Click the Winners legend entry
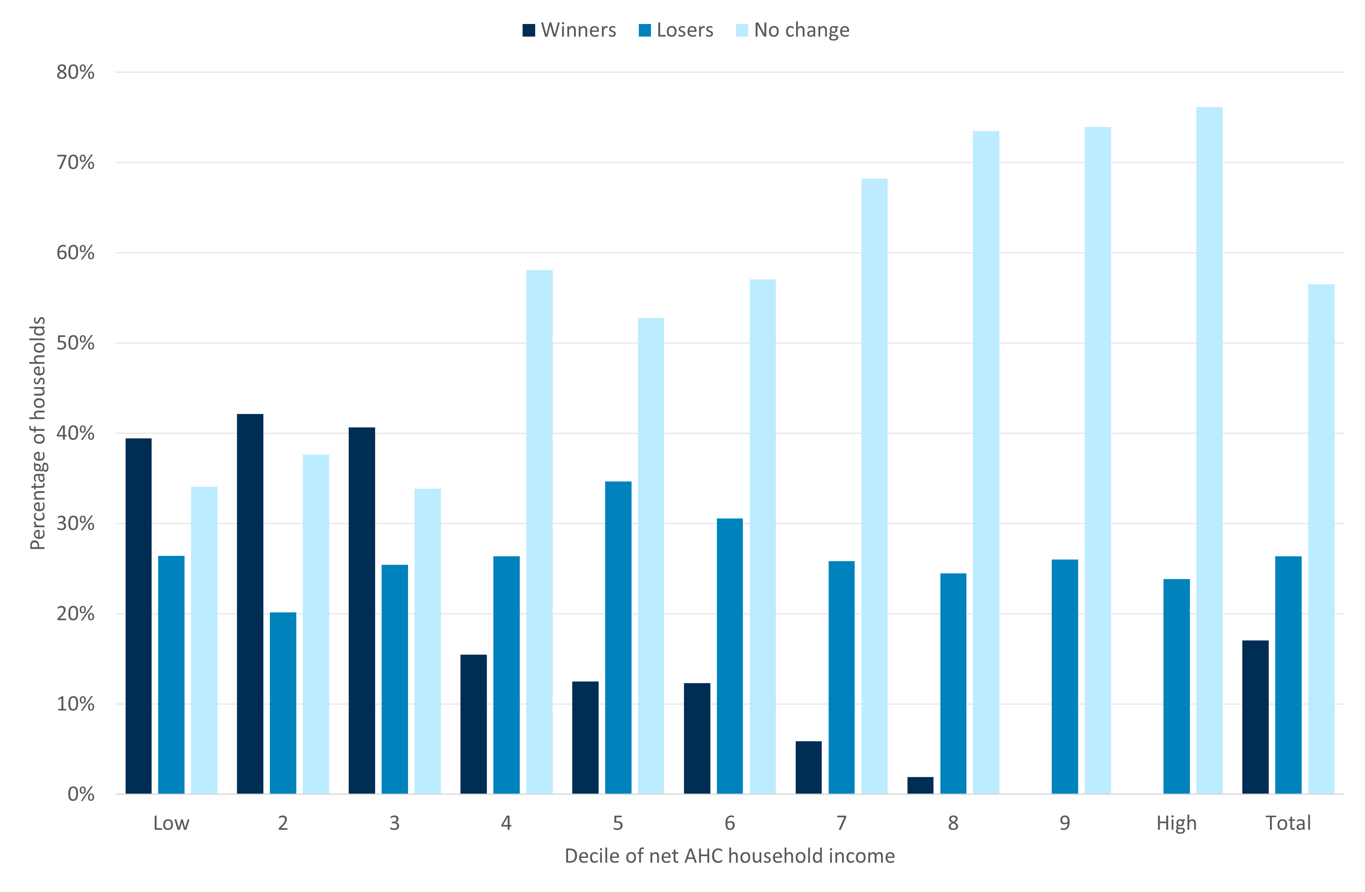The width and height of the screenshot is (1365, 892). [569, 30]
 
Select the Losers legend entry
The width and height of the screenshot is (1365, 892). [676, 30]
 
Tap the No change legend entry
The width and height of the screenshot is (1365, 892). [792, 30]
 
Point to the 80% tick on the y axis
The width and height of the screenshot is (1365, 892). [75, 72]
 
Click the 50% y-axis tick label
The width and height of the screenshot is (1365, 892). [75, 343]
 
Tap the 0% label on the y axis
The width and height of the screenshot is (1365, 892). [81, 794]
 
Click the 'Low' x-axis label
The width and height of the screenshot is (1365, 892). [171, 823]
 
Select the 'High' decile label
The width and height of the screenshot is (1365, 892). [1176, 823]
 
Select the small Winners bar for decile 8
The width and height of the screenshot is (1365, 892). [920, 785]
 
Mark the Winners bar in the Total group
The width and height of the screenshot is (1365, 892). [1255, 717]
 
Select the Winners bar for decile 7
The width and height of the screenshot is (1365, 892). [808, 768]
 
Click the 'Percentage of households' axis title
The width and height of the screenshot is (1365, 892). [38, 433]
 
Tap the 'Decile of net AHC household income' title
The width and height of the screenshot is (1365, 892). [729, 856]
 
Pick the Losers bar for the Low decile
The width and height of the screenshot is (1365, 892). [171, 674]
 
